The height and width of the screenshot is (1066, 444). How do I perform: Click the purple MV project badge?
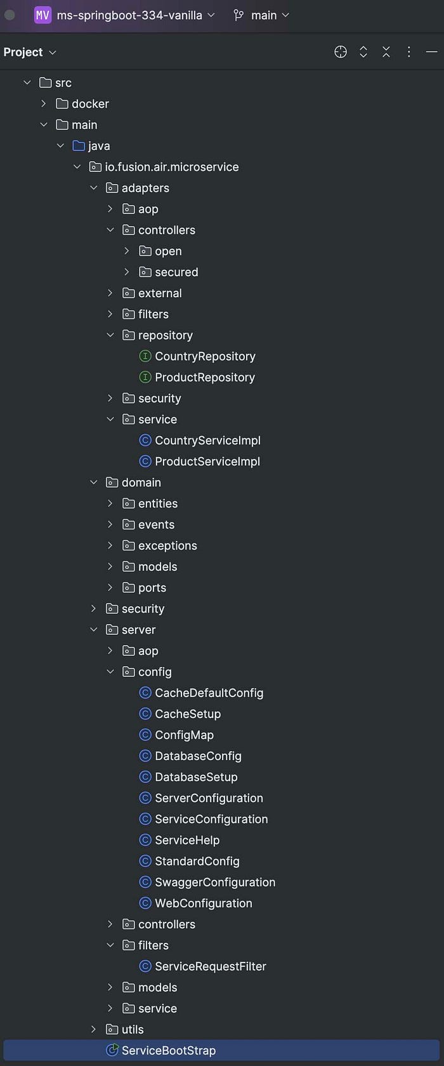(42, 15)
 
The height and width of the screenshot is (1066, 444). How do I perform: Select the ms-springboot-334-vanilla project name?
(129, 15)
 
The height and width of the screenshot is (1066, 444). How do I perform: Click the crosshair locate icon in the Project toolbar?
(341, 52)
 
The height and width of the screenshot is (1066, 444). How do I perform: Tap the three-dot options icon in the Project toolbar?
(409, 52)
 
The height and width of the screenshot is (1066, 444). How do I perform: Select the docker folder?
(90, 103)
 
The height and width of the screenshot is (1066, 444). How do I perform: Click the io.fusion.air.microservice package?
(171, 167)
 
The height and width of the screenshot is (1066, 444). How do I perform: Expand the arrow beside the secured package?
(127, 272)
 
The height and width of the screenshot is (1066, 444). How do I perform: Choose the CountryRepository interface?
(205, 356)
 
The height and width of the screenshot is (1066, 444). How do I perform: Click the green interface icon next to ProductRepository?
(145, 377)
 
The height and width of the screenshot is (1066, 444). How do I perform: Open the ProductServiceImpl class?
(207, 462)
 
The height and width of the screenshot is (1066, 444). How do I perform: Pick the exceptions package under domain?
(167, 545)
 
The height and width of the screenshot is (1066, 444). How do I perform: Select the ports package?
(152, 587)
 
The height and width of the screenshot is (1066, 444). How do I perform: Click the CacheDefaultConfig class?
(209, 693)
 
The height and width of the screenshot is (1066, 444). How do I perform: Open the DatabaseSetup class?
(196, 777)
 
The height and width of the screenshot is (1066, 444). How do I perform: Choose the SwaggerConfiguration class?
(215, 882)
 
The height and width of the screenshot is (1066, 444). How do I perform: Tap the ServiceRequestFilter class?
(210, 966)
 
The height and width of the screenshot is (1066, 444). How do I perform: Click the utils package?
(133, 1029)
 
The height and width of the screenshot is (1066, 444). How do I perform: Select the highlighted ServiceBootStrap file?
(168, 1050)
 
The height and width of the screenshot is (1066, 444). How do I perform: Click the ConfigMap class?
(184, 735)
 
